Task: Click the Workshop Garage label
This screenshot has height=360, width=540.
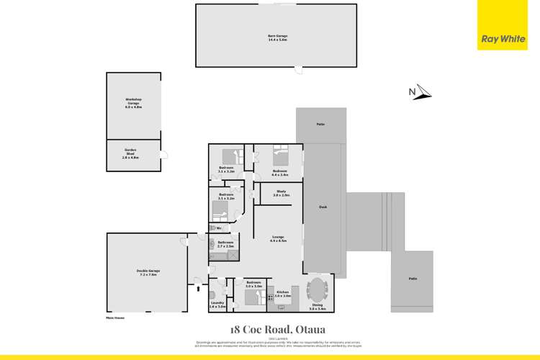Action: point(133,104)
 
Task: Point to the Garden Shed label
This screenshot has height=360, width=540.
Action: point(130,152)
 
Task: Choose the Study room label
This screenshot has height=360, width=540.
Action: point(281,194)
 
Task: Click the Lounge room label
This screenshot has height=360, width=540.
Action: point(277,238)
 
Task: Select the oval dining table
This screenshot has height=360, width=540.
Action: point(318,291)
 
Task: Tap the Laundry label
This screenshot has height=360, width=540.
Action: point(217,306)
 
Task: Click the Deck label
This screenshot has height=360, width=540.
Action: point(323,207)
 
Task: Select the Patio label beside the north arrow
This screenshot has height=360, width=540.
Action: point(320,125)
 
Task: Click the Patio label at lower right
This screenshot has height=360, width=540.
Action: point(413,279)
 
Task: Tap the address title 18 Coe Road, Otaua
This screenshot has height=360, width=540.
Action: point(277,329)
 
